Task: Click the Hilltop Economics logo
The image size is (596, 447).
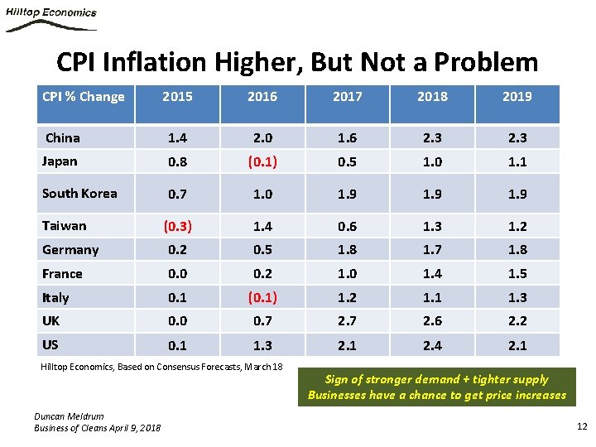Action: (x=51, y=18)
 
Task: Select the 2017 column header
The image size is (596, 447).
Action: (x=347, y=97)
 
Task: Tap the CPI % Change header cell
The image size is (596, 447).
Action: (x=83, y=97)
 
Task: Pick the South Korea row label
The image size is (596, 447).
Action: (x=79, y=194)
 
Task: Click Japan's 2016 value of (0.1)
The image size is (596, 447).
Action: (x=262, y=162)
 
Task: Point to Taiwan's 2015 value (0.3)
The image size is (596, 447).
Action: (x=177, y=226)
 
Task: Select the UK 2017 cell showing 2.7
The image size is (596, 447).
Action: (x=347, y=321)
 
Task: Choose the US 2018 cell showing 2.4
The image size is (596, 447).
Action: (x=432, y=345)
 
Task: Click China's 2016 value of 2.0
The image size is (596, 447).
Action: (x=262, y=138)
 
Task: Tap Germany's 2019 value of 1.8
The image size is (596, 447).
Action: (x=517, y=250)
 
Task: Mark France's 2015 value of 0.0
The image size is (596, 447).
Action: (x=177, y=274)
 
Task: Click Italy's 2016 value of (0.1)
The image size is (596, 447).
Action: (x=262, y=297)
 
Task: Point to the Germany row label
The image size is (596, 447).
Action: (x=70, y=250)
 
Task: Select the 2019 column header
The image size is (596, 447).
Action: (x=517, y=97)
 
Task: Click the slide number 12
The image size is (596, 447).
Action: (x=580, y=426)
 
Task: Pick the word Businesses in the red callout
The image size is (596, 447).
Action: (x=338, y=395)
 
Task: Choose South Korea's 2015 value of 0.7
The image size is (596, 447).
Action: (x=177, y=194)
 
